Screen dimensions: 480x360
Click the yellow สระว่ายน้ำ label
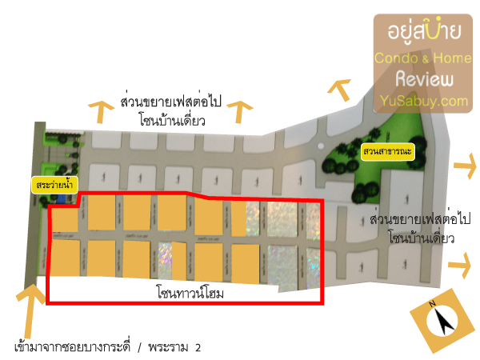[x=54, y=185]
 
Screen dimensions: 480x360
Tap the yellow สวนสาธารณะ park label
[x=388, y=151]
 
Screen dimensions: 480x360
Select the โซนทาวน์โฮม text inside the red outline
[x=190, y=292]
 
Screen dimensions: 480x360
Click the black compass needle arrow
[x=444, y=321]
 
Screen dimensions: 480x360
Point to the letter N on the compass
[x=432, y=304]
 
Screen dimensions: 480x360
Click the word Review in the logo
[x=424, y=79]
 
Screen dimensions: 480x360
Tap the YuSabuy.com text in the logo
[x=424, y=101]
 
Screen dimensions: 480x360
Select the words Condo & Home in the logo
[x=423, y=58]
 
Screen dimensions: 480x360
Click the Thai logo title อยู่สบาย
[x=424, y=30]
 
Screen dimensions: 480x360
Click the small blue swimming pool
[x=61, y=200]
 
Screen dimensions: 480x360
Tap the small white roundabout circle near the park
[x=321, y=146]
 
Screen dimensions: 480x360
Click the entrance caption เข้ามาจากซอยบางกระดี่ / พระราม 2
[x=108, y=348]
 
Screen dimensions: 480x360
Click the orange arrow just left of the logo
[x=341, y=89]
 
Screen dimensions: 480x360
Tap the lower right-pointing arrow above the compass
[x=460, y=265]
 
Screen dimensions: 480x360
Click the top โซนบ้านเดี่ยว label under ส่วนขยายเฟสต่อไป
[x=172, y=120]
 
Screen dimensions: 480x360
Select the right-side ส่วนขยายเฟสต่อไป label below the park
[x=420, y=219]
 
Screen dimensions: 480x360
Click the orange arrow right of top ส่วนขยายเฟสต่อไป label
[x=239, y=112]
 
